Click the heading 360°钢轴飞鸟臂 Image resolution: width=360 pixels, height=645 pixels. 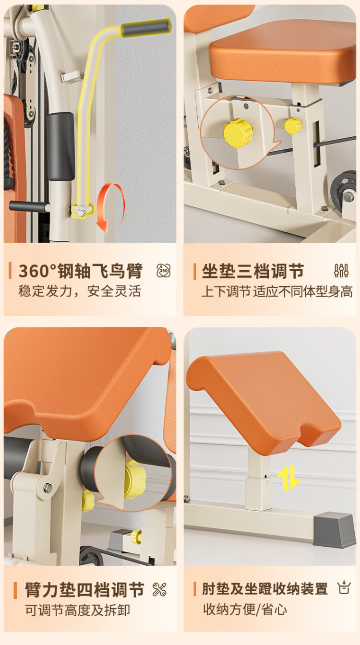click(x=80, y=271)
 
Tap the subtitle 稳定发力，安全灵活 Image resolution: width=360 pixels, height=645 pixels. click(x=80, y=291)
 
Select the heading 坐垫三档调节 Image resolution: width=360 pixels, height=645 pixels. click(x=253, y=271)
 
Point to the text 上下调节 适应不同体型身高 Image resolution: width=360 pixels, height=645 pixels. click(x=277, y=291)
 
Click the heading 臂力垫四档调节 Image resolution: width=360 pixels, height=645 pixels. click(x=84, y=589)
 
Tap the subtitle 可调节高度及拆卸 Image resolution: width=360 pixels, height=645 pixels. click(x=77, y=610)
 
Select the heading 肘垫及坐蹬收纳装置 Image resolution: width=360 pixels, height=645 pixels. click(x=265, y=589)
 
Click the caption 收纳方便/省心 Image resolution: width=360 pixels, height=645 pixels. click(x=245, y=609)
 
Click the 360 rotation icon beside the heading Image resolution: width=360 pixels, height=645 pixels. click(x=164, y=271)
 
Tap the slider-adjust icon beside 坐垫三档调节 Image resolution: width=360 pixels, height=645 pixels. click(x=342, y=271)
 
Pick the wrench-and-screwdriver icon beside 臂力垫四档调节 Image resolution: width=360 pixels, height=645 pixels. click(x=159, y=589)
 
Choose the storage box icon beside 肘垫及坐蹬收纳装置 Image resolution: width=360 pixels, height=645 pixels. click(x=344, y=588)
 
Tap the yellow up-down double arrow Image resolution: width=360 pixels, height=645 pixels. click(x=288, y=478)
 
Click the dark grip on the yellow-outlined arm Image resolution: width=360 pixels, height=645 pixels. click(x=146, y=28)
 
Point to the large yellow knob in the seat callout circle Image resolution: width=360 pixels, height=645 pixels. click(x=238, y=133)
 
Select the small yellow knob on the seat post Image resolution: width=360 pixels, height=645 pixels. click(x=293, y=126)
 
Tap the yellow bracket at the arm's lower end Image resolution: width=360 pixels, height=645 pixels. click(x=83, y=211)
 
